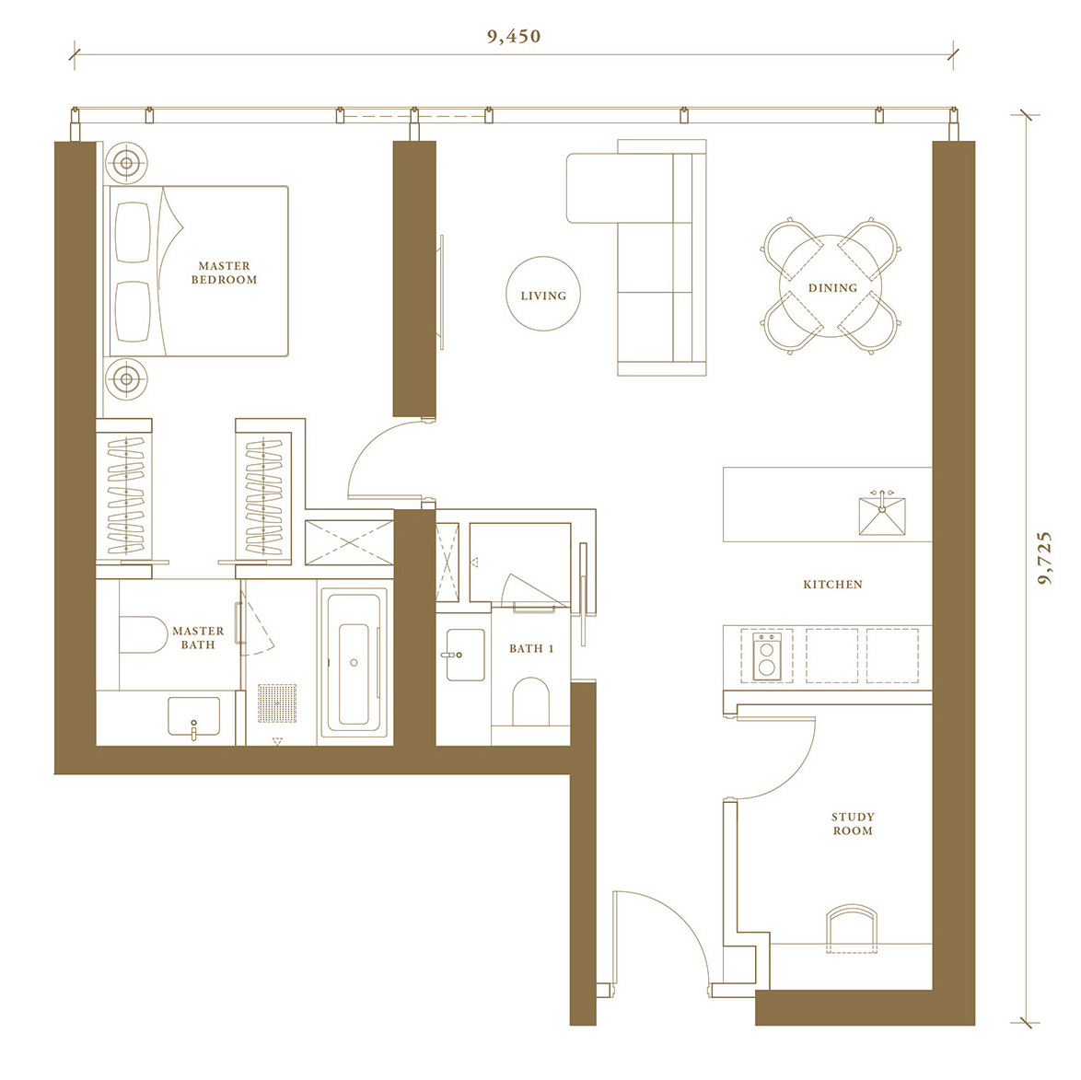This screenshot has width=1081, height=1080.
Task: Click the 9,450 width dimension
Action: point(514,36)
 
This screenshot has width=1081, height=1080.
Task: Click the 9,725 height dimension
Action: point(1045,558)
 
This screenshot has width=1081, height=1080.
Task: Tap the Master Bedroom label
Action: point(224,273)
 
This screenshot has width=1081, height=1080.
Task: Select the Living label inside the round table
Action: point(543,296)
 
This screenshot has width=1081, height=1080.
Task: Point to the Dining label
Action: point(832,288)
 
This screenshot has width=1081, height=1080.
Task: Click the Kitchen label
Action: point(832,585)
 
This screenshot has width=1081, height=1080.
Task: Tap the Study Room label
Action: point(853,824)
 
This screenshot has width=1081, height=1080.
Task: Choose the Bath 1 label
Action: point(531,648)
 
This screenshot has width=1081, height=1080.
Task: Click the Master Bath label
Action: point(198,637)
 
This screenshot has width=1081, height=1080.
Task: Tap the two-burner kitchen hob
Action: point(767,656)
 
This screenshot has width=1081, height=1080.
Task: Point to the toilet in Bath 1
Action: point(531,701)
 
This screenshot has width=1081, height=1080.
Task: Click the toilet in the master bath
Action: point(144,634)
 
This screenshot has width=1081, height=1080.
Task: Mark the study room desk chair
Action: point(852,928)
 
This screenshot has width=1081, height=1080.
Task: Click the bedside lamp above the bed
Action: point(126,163)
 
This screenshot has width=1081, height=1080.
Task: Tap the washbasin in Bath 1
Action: point(465,655)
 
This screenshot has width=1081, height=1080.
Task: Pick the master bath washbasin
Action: point(193,717)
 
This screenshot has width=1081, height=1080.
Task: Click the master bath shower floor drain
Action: point(277,703)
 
